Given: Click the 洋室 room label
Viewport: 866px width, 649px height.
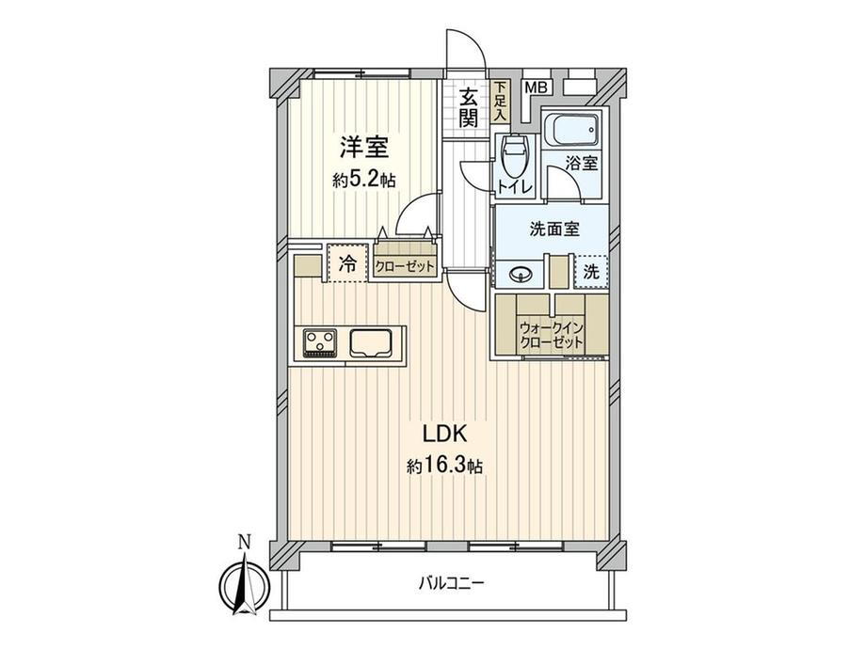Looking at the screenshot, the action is point(364,148).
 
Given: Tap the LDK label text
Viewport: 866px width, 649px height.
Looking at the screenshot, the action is point(445,435).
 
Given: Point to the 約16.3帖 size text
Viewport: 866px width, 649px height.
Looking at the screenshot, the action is point(444,467).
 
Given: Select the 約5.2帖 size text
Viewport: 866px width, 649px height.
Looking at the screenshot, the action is point(364,180).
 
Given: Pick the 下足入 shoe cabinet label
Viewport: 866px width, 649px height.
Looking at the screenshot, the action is point(500,102).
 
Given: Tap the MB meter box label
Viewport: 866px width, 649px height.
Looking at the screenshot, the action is point(536,87).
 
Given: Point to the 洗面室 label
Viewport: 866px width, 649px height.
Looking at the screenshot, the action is point(554,229).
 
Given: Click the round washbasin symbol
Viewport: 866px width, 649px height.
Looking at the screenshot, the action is point(521,274).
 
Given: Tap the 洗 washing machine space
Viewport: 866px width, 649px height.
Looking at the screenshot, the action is point(591,272).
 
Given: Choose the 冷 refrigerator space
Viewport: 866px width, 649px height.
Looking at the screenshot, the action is point(347,263).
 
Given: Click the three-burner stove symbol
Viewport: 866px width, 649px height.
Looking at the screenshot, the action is point(320,342).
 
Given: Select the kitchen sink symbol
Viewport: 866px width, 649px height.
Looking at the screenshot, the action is point(371,343).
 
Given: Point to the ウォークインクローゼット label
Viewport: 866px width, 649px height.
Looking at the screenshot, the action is point(551,335).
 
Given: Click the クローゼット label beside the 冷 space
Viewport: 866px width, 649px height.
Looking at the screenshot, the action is point(405,267).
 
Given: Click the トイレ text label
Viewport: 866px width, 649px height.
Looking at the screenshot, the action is point(515,186).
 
